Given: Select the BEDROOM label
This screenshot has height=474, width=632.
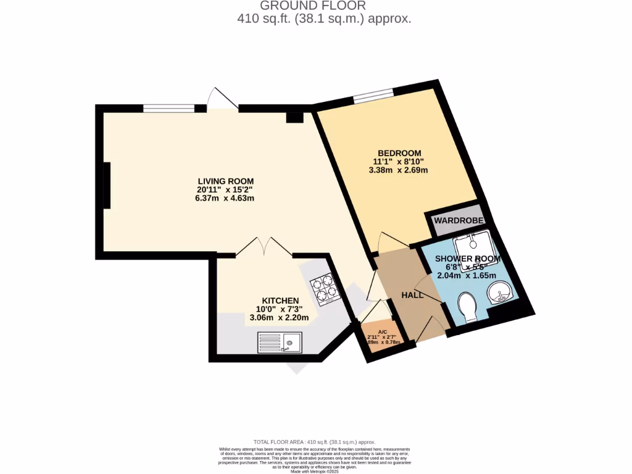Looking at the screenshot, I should pos(399,153).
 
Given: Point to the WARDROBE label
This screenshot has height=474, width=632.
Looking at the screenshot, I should pos(457,220).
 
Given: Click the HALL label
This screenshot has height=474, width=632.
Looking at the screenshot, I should pos(412,295).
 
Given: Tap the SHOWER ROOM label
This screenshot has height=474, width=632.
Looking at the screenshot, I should pos(467,259).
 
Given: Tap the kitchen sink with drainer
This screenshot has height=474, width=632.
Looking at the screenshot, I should pos(279,342).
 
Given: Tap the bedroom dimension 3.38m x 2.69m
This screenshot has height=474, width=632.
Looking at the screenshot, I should pos(399,170).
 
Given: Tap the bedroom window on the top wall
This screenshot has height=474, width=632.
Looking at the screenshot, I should pos(373,95).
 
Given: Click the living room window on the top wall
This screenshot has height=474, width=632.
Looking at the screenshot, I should pos(168,108).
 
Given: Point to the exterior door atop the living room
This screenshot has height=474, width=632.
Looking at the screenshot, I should pos(222,100).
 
